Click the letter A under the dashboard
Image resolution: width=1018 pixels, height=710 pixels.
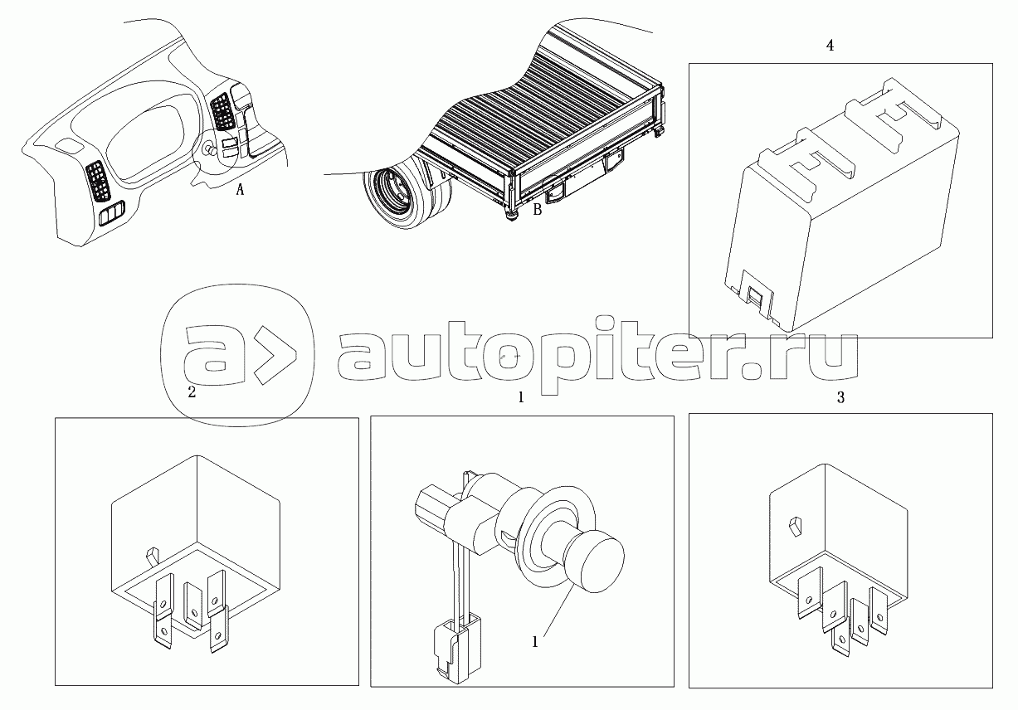point(240,189)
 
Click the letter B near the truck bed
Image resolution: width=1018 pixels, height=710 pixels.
point(537,209)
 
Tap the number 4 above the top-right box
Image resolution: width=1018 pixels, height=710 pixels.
point(830,46)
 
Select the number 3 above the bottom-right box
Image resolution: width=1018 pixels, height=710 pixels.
point(840,398)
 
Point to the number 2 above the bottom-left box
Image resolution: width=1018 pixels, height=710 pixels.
point(192,392)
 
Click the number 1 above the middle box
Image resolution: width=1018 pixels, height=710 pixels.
point(521,398)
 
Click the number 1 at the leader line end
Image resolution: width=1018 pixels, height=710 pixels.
point(535,642)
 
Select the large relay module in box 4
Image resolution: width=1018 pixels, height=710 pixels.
point(841,204)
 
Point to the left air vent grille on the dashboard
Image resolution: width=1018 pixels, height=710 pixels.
point(98,182)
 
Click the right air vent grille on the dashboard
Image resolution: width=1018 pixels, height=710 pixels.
point(222,110)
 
